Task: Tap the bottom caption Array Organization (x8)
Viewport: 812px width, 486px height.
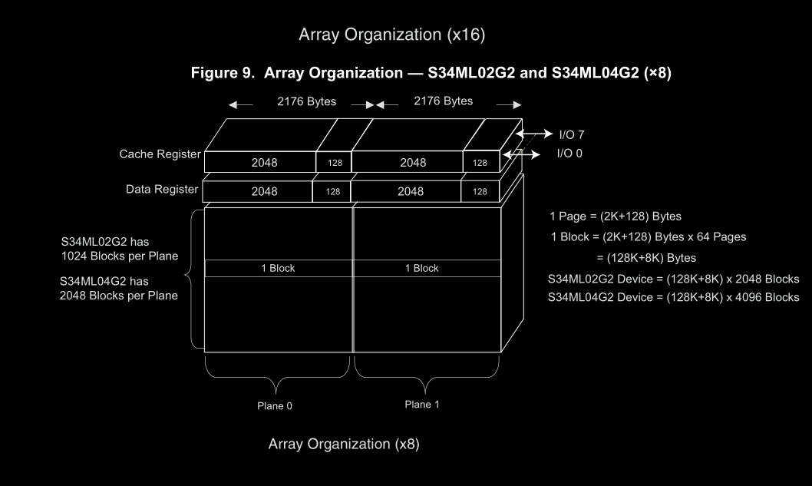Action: click(344, 445)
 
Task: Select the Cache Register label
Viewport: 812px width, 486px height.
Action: click(160, 154)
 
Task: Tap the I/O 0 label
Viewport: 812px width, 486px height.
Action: click(569, 153)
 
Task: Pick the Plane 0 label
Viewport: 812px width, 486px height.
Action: click(274, 406)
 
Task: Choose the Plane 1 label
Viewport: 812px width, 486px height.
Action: click(422, 404)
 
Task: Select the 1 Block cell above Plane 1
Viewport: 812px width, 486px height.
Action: click(422, 268)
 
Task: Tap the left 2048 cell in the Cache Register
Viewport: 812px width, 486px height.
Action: click(264, 163)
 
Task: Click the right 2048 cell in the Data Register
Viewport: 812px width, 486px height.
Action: click(411, 191)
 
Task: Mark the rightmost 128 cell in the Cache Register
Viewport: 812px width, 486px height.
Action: click(480, 163)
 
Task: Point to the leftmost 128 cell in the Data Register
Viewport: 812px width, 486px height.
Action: click(332, 192)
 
